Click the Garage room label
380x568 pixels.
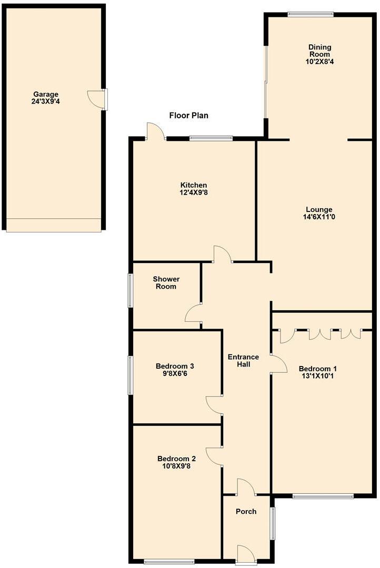tap(45, 94)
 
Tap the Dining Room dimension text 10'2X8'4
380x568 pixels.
tap(319, 62)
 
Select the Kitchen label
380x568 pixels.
tap(194, 185)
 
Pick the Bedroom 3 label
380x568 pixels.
tap(175, 366)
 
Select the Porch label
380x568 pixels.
tap(246, 511)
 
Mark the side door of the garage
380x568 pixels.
tap(98, 99)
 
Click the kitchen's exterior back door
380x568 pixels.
tap(155, 131)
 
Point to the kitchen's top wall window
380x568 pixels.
tap(211, 138)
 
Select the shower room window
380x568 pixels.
tap(131, 290)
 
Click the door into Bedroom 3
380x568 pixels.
tap(215, 405)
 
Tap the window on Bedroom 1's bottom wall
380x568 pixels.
tap(323, 495)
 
